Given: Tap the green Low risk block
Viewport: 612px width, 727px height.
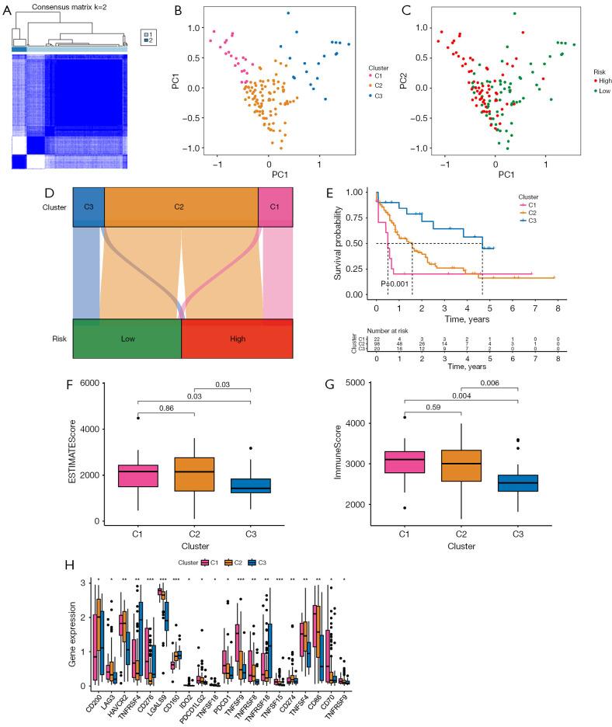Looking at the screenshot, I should click(127, 338).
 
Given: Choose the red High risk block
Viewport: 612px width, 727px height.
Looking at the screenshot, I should click(237, 338).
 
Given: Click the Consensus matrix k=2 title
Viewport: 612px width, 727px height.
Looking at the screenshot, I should click(78, 7).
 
